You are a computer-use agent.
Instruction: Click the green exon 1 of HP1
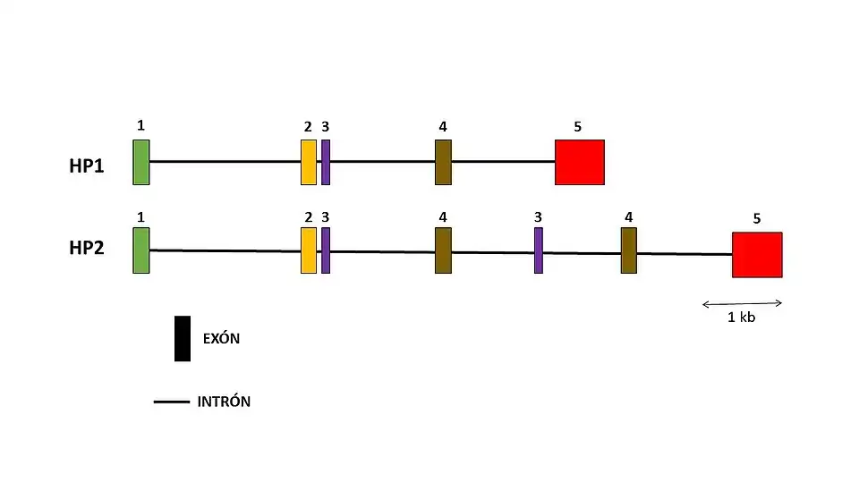point(141,162)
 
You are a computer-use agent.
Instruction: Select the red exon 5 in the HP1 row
point(579,162)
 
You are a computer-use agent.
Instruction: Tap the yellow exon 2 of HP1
point(309,162)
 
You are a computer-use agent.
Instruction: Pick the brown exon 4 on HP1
point(443,162)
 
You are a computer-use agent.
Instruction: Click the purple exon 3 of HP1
point(326,162)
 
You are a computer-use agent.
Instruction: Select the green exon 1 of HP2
point(141,250)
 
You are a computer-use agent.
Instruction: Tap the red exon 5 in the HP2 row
point(757,255)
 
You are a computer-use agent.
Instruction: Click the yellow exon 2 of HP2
point(309,250)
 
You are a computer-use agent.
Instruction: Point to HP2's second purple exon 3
point(539,250)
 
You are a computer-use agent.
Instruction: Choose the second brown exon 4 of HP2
point(629,250)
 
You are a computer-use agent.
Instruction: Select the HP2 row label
point(87,248)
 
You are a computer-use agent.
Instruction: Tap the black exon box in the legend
point(183,338)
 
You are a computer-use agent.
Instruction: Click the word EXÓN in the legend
point(222,339)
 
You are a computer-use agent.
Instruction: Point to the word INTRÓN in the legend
point(224,402)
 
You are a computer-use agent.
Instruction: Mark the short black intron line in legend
point(171,402)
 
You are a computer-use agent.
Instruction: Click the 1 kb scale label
point(742,318)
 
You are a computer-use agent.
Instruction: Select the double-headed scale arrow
point(742,302)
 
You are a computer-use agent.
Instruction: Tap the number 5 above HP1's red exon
point(577,126)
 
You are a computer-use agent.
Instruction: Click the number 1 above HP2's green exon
point(141,216)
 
